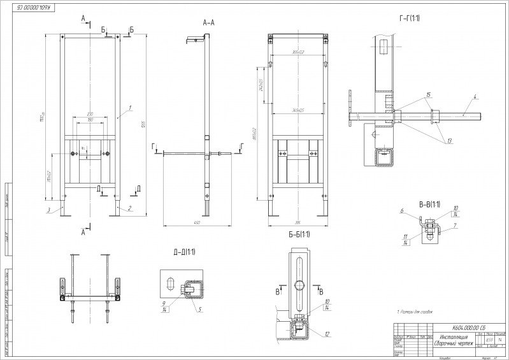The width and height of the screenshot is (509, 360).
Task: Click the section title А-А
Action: pyautogui.click(x=208, y=22)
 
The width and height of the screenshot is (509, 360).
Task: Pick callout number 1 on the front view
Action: pyautogui.click(x=130, y=108)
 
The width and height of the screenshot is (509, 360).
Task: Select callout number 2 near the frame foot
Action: pyautogui.click(x=130, y=208)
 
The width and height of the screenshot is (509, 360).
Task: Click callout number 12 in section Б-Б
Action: pyautogui.click(x=326, y=334)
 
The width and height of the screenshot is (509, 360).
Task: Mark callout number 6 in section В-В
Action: pyautogui.click(x=402, y=211)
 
